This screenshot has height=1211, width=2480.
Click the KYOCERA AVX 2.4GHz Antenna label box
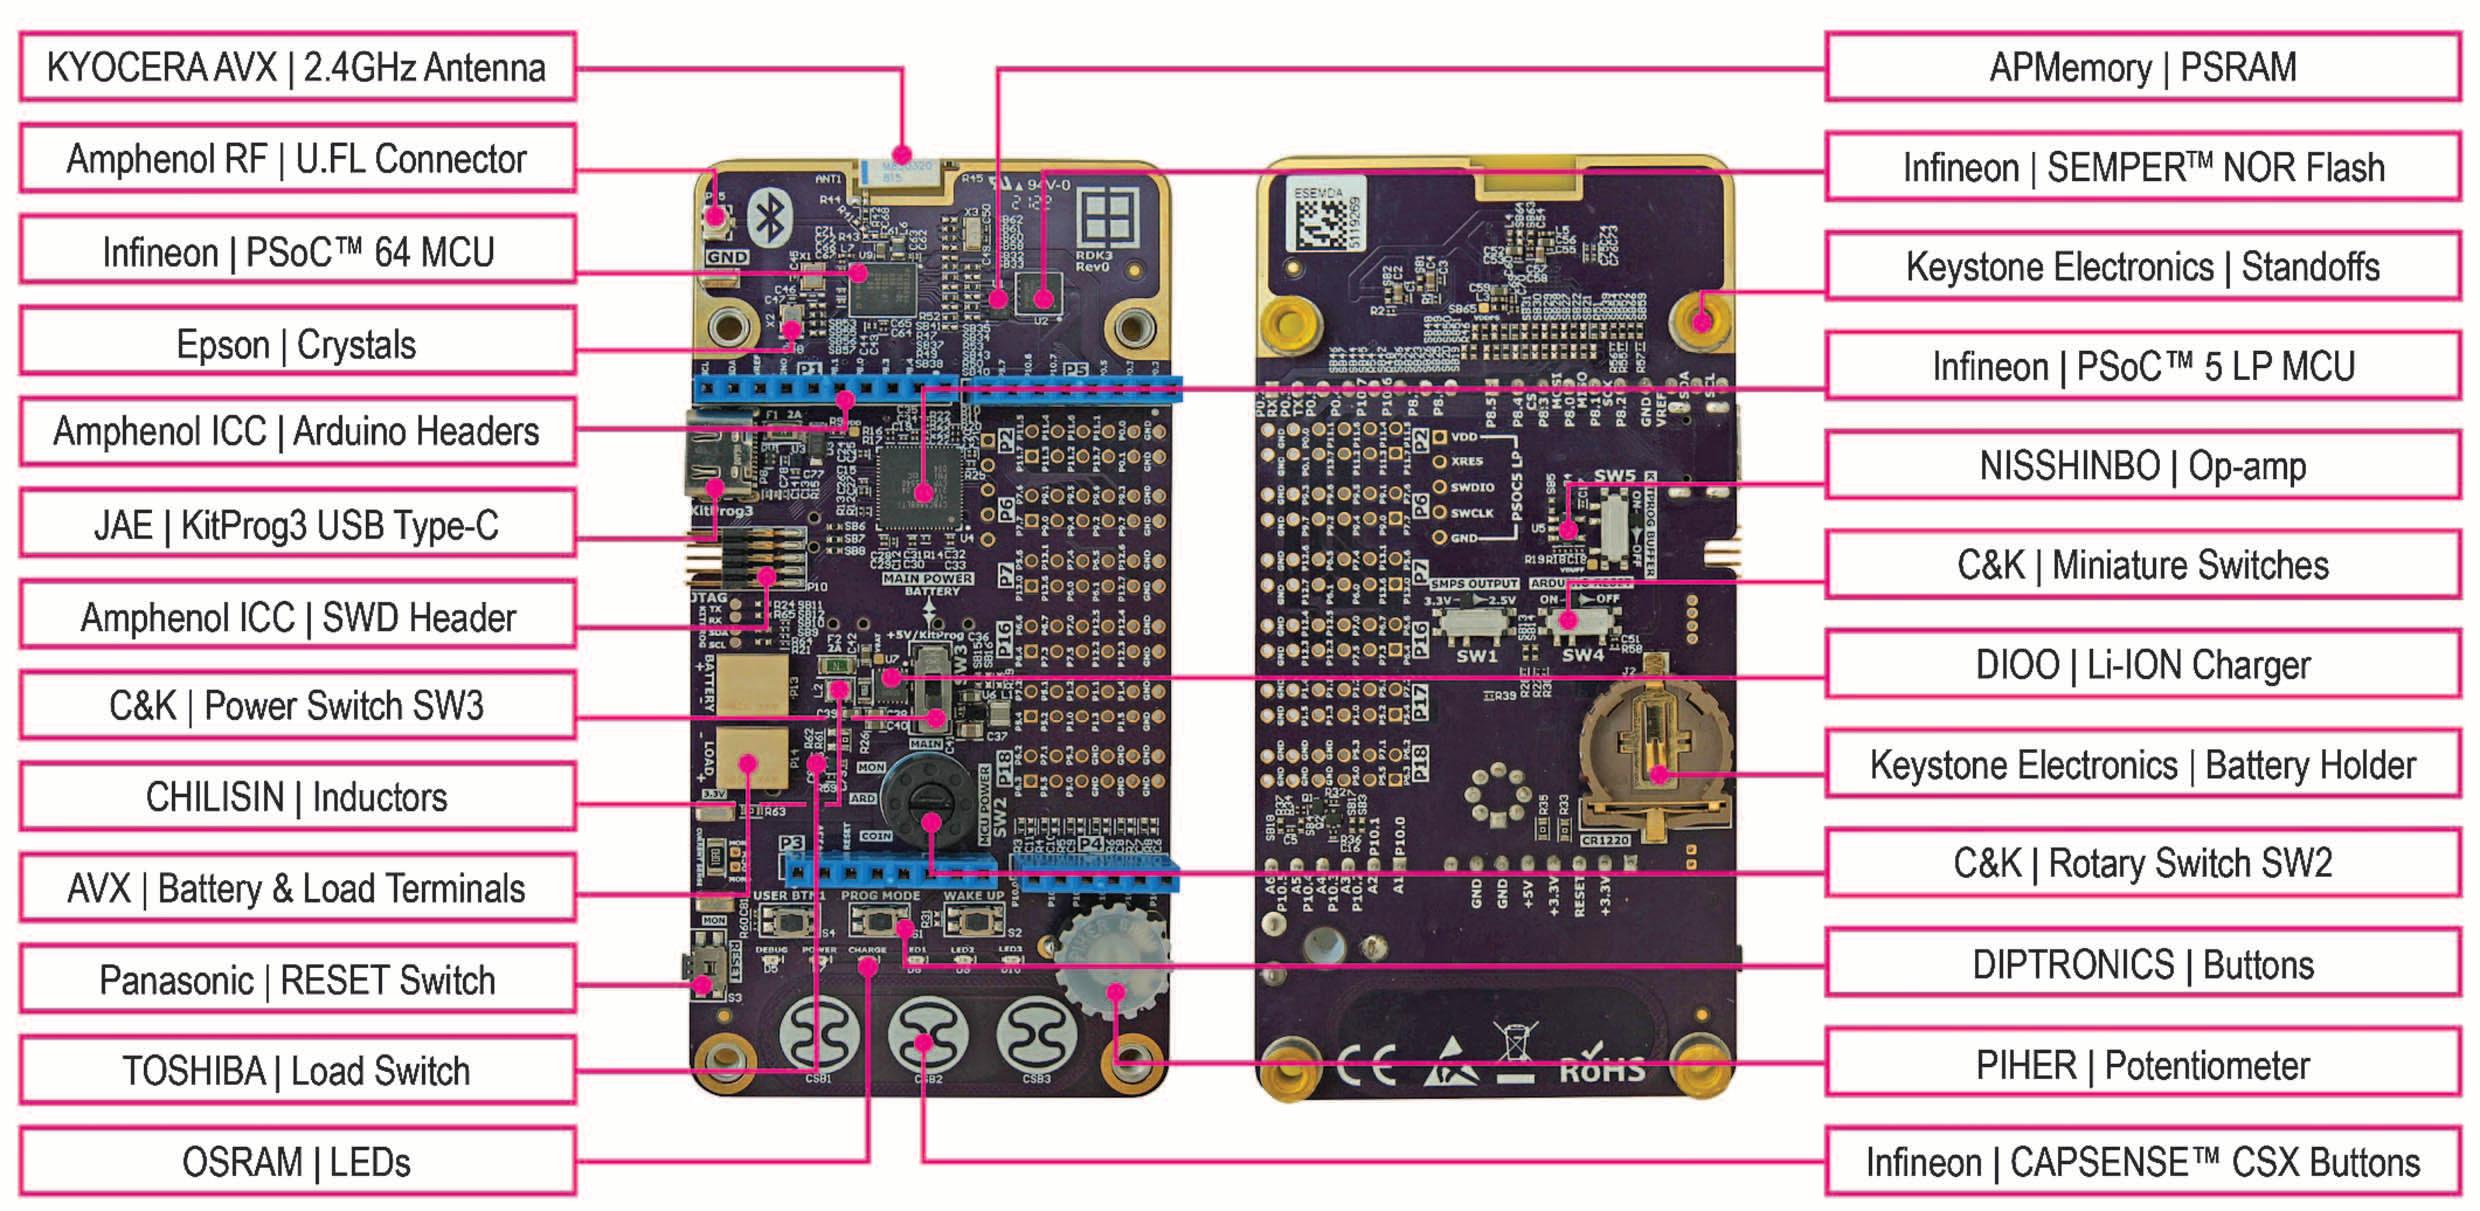297,67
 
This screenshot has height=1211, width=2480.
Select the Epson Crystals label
297,344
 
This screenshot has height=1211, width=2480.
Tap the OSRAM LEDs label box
297,1162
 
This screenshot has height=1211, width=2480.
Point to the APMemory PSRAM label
2142,67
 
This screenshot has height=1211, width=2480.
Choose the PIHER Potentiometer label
2142,1065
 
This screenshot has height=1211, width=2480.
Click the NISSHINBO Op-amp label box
2142,466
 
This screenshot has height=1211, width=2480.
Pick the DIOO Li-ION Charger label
2142,665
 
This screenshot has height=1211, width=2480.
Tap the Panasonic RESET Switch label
297,979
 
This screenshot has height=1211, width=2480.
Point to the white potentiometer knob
1109,960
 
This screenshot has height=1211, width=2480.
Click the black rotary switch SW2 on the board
927,800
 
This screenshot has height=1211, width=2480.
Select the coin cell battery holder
1655,760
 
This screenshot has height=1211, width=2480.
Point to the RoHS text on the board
1602,1070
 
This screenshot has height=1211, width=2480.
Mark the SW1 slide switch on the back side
1476,625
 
